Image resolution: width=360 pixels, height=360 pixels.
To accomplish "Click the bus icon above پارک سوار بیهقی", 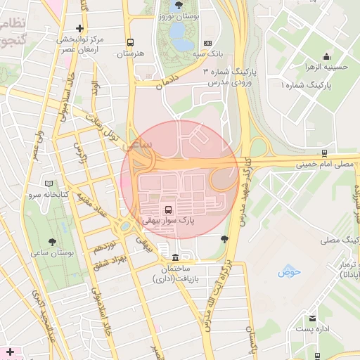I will pyautogui.click(x=168, y=210).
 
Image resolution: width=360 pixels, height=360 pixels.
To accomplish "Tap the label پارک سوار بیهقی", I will pyautogui.click(x=168, y=221).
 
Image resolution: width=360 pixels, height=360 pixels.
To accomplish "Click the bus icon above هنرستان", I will pyautogui.click(x=130, y=42).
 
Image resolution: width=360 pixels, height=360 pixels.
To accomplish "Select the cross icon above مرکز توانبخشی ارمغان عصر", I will pyautogui.click(x=79, y=28).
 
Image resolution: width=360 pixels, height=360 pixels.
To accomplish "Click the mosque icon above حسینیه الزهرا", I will pyautogui.click(x=326, y=57).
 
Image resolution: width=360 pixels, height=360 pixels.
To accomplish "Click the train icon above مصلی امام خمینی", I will pyautogui.click(x=323, y=153).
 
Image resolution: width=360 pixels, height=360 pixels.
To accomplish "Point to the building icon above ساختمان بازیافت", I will pyautogui.click(x=175, y=257).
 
